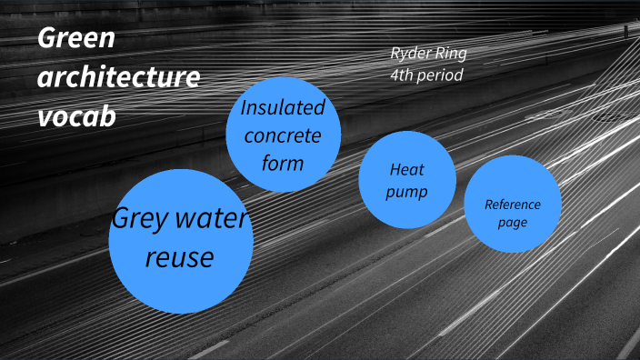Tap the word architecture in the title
pyautogui.click(x=118, y=78)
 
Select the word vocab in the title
pyautogui.click(x=76, y=116)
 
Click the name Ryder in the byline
pyautogui.click(x=410, y=53)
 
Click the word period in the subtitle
pyautogui.click(x=443, y=75)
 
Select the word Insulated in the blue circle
pyautogui.click(x=283, y=107)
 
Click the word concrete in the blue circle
pyautogui.click(x=282, y=135)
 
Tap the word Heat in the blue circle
pyautogui.click(x=407, y=169)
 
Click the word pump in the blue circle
pyautogui.click(x=406, y=192)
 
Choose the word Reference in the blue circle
pyautogui.click(x=513, y=205)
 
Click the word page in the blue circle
pyautogui.click(x=513, y=222)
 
